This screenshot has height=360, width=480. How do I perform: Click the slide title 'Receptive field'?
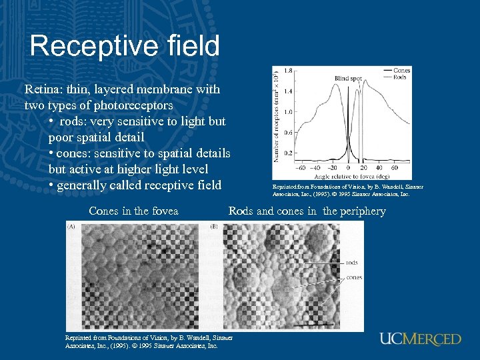[125, 46]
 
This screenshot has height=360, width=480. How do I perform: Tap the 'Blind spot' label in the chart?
[347, 79]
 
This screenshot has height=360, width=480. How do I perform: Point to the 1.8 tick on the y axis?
[288, 70]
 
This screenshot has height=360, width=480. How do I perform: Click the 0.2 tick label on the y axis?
[288, 153]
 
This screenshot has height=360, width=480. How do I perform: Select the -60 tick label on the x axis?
[300, 168]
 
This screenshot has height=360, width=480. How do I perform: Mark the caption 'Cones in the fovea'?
[133, 211]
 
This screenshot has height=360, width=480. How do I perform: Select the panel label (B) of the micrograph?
[215, 227]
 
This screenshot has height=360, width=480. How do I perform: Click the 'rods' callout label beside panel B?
[351, 263]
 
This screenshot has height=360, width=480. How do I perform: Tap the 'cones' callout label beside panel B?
[353, 277]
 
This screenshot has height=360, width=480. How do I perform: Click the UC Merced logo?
[420, 339]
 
